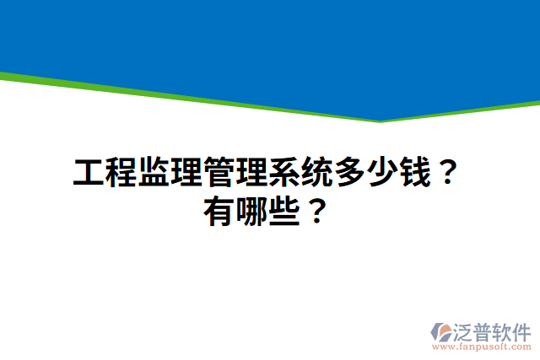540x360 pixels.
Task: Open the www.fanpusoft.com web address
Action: (482, 347)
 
